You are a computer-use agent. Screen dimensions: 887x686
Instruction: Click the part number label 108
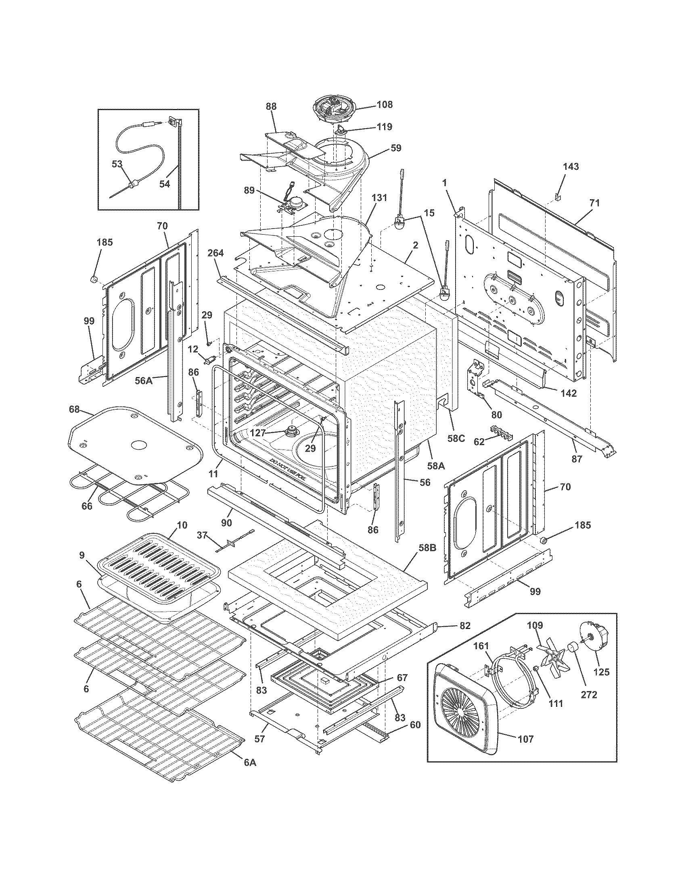(x=385, y=104)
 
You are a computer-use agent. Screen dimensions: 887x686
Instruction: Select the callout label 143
(x=571, y=167)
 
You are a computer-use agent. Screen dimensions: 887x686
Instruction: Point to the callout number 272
(x=588, y=695)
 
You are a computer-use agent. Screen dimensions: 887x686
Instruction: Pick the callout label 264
(x=215, y=253)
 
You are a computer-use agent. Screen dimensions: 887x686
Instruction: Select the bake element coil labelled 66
(x=122, y=493)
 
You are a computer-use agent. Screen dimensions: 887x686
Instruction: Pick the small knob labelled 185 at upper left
(x=94, y=279)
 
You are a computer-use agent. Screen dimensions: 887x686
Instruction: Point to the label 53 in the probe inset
(x=117, y=164)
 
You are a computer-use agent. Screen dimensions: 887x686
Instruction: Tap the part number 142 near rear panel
(x=568, y=393)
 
